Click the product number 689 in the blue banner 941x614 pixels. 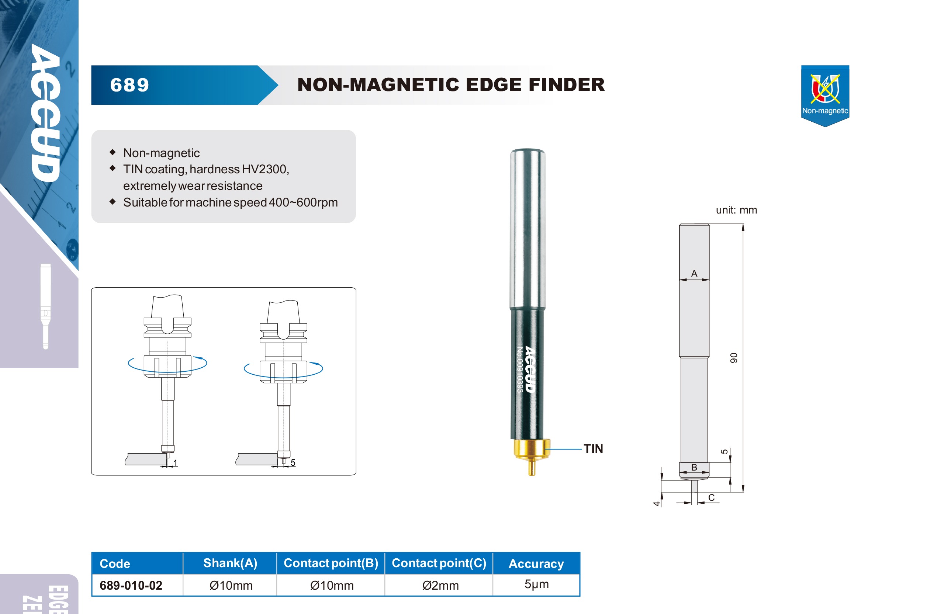tap(130, 85)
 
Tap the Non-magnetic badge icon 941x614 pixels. tap(825, 95)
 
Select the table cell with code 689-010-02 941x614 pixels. tap(131, 585)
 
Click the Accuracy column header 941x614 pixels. tap(536, 563)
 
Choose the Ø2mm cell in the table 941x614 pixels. tap(440, 585)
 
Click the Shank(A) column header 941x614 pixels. tap(230, 563)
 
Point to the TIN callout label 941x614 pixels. tap(593, 449)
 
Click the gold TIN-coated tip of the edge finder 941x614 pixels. tap(532, 455)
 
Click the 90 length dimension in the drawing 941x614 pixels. tap(733, 358)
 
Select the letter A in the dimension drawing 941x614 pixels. tap(694, 273)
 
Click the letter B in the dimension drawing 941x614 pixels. tap(694, 467)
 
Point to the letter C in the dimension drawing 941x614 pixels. tap(711, 497)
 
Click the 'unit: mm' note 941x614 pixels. tap(737, 210)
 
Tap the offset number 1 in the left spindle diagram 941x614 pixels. tap(175, 463)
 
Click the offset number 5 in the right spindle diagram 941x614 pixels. tap(293, 462)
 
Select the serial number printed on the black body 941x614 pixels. tap(520, 370)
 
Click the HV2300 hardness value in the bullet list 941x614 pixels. tap(265, 169)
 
